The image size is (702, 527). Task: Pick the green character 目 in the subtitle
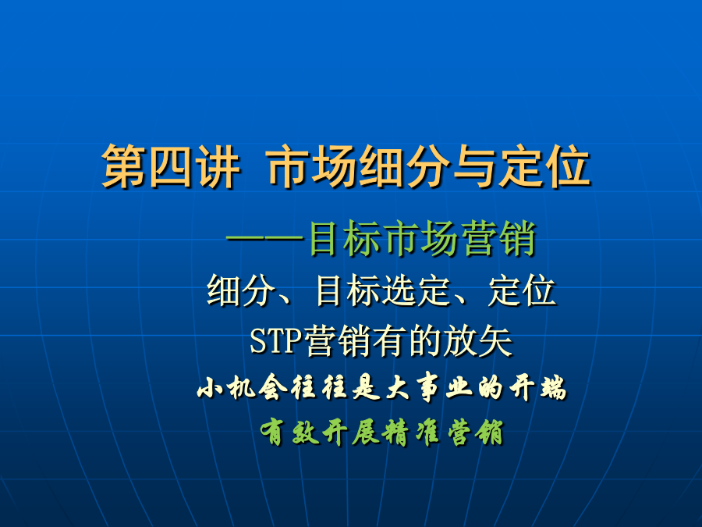click(x=323, y=239)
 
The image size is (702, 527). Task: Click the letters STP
click(x=276, y=341)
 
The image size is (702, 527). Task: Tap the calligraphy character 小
click(x=210, y=387)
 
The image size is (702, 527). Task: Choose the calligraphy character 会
click(x=272, y=387)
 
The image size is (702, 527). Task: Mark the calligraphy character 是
click(x=367, y=387)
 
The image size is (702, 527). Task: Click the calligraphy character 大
click(x=398, y=387)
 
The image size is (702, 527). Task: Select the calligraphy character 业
click(x=459, y=387)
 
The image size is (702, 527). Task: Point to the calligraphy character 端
click(x=553, y=387)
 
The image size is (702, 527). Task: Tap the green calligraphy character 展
click(x=366, y=433)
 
